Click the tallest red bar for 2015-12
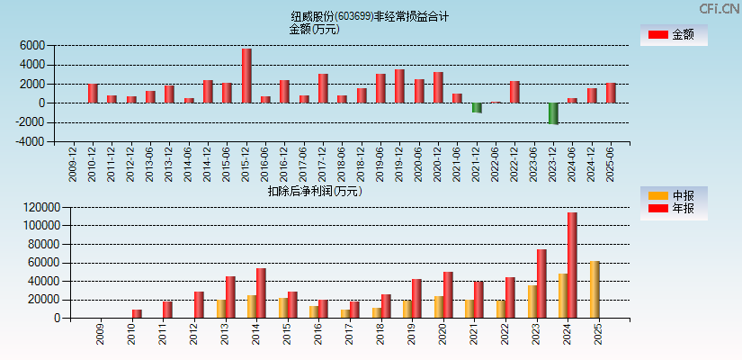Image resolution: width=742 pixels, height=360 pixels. point(246,76)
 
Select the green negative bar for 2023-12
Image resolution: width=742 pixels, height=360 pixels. point(553,113)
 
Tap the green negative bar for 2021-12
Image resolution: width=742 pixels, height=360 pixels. point(477,107)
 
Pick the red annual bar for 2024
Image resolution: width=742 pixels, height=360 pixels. point(572,265)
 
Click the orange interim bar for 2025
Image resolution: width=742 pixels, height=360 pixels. point(594,290)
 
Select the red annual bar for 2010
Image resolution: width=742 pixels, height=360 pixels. point(137,314)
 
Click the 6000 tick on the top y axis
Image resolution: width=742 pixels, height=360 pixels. point(31,45)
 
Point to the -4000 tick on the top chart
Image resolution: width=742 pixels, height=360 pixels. point(29,141)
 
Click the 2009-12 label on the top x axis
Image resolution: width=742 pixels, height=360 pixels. point(73,163)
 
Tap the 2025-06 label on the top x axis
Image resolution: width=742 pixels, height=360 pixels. point(610,163)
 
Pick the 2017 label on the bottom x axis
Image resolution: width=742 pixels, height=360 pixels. point(349,335)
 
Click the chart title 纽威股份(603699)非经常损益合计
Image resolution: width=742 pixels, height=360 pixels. point(370,16)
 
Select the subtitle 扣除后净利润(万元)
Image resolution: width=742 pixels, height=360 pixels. point(314,191)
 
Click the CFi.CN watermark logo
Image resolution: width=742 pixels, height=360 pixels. point(719,8)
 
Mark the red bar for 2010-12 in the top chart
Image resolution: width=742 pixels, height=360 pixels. point(93,94)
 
